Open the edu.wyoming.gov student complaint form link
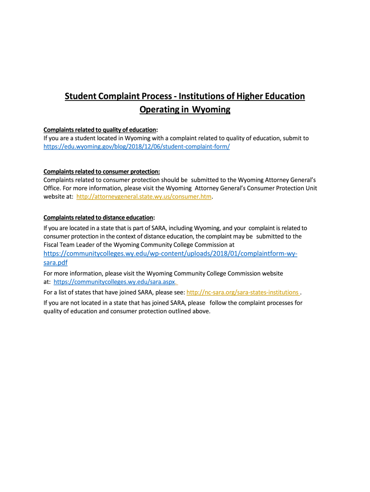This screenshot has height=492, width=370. (136, 147)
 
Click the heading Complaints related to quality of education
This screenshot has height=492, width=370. (100, 130)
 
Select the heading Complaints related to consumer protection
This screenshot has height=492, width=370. (101, 172)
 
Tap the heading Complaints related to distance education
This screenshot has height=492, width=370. (99, 217)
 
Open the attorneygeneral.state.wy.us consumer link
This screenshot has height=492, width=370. (144, 197)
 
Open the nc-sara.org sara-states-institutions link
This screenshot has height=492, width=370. (242, 292)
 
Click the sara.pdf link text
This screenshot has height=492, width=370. (55, 263)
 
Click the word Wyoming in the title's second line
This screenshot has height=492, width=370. (211, 110)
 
